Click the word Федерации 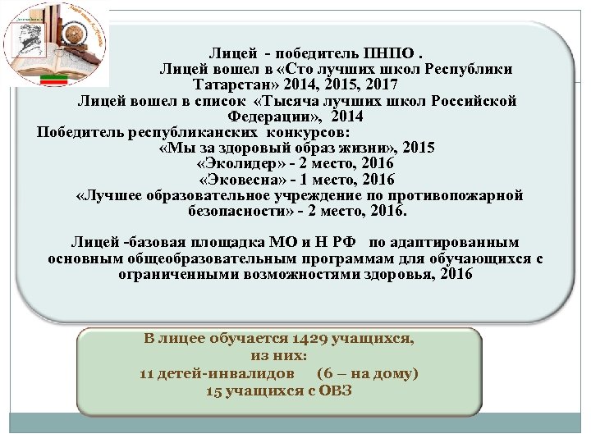click(x=266, y=116)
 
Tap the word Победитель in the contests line click(x=79, y=132)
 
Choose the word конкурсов click(x=308, y=132)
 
